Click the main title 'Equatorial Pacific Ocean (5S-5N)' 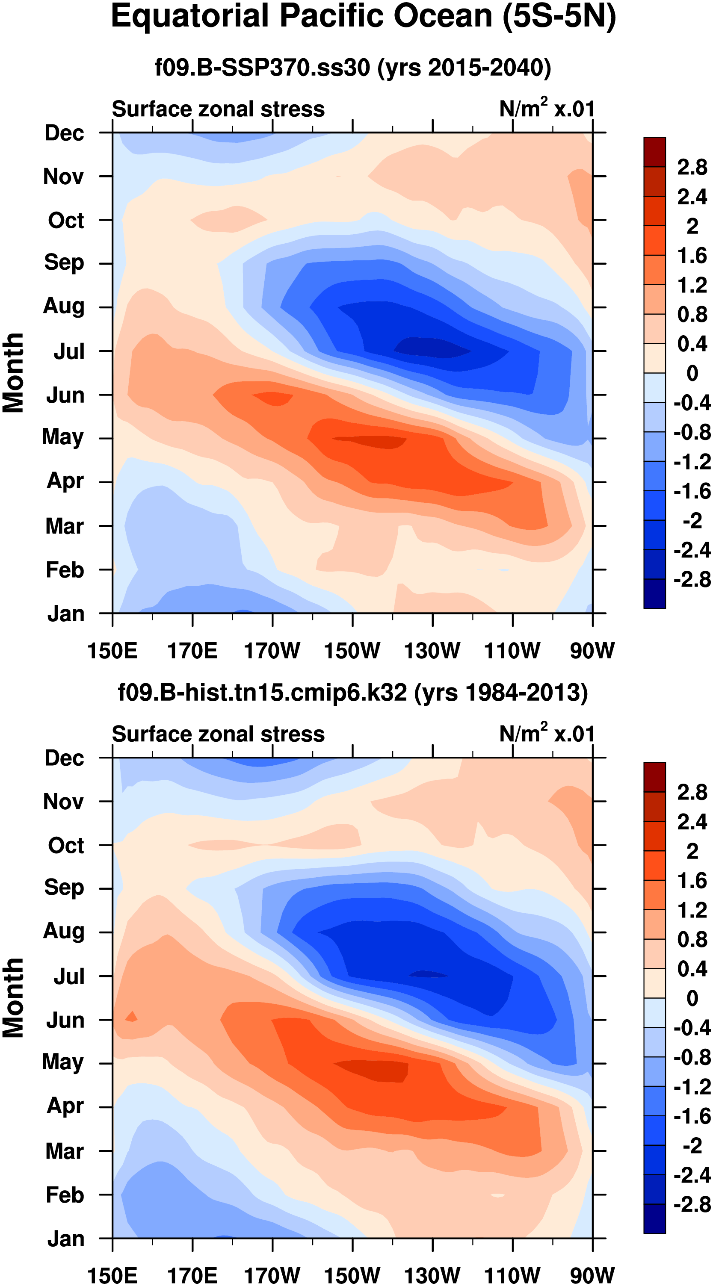tap(363, 17)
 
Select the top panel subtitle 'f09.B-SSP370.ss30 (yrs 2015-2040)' tap(352, 68)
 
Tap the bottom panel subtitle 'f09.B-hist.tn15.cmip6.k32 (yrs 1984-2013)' tap(352, 693)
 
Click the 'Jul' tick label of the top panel tap(69, 351)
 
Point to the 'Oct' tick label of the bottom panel tap(66, 846)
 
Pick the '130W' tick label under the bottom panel tap(432, 1275)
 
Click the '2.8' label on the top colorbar tap(692, 167)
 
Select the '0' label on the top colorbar tap(692, 373)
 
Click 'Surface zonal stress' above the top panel tap(218, 109)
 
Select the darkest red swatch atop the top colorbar tap(654, 152)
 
